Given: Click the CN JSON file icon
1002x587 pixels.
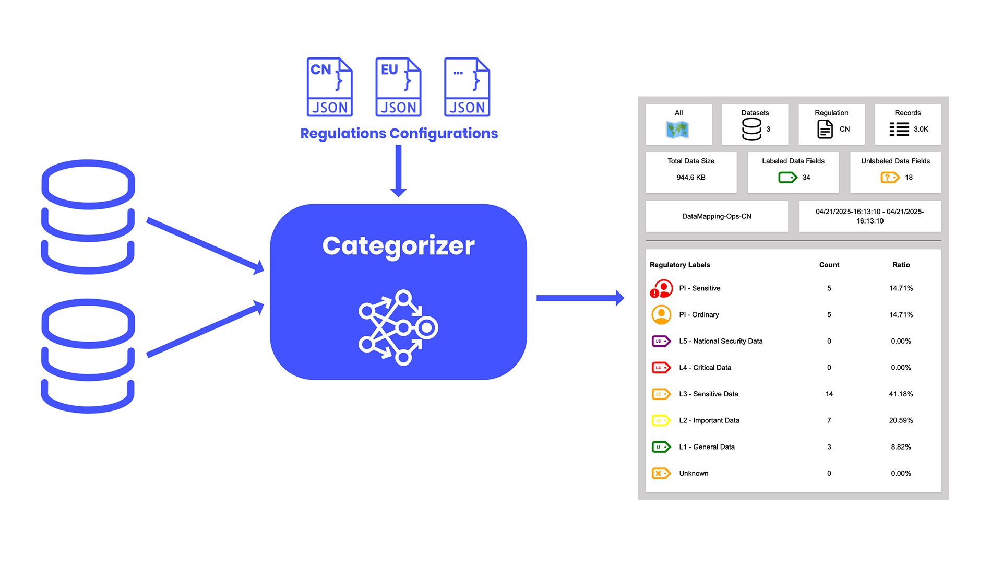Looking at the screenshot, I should pos(329,87).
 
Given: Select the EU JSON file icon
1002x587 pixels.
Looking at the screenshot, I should pos(398,87).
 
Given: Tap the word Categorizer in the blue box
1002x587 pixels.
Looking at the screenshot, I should pos(398,245).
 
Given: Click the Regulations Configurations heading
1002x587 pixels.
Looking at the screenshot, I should pos(399,133).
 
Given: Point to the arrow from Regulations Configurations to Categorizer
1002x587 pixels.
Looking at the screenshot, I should pos(398,170).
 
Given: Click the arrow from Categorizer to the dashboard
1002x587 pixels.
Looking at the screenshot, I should pos(579,298).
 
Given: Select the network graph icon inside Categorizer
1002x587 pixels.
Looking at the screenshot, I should pos(398,327).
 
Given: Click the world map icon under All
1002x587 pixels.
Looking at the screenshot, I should pos(677,130).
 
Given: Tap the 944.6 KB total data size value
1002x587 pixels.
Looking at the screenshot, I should pos(690,178).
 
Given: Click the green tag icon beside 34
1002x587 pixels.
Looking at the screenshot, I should pos(788,178).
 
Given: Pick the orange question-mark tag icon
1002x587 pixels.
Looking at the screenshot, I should pos(890,178).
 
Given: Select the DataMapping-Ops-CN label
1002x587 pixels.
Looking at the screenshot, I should pos(717,216).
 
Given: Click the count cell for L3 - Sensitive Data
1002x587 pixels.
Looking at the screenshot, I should pos(829,394).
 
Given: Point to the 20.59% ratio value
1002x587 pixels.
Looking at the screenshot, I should pos(901,420).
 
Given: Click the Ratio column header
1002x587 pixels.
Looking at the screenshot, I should pos(901,265).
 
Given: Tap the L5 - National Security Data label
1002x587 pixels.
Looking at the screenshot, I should pos(720,341).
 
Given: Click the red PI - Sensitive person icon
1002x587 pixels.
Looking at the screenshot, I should pos(661,288).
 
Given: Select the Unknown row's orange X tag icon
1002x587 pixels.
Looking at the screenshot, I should pos(661,473).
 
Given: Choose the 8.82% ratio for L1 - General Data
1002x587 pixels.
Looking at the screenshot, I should pos(901,447).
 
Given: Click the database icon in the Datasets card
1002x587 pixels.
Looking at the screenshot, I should pos(751,129).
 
